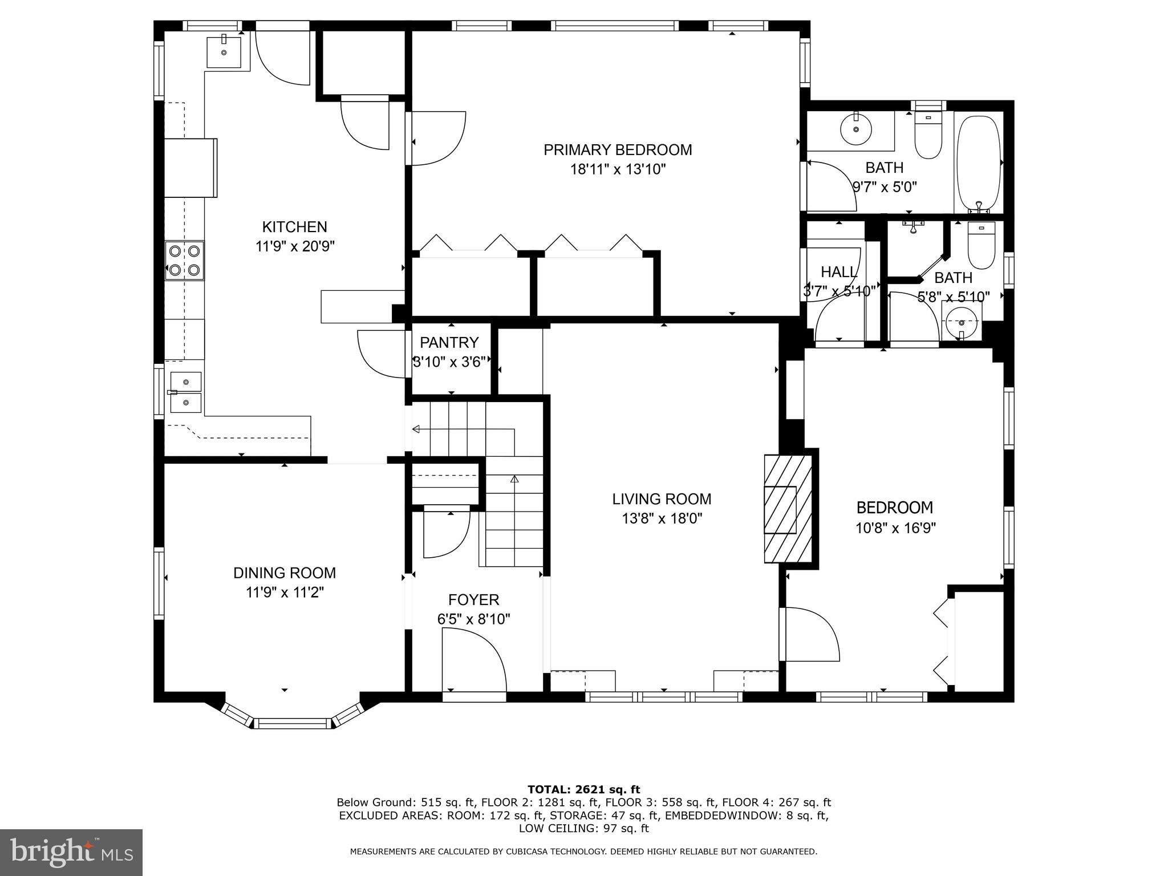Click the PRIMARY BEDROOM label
[617, 150]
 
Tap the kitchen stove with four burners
[184, 260]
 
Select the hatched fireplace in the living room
[788, 509]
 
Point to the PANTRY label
[449, 343]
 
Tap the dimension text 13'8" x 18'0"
[662, 518]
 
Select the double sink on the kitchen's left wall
[186, 392]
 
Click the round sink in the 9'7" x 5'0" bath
[856, 129]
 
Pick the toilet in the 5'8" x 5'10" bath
[982, 245]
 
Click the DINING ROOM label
[284, 573]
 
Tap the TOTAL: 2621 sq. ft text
[583, 790]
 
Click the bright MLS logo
[71, 852]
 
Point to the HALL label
[838, 272]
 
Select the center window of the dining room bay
[292, 723]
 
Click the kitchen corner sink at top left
[224, 51]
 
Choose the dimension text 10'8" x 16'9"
[895, 528]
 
